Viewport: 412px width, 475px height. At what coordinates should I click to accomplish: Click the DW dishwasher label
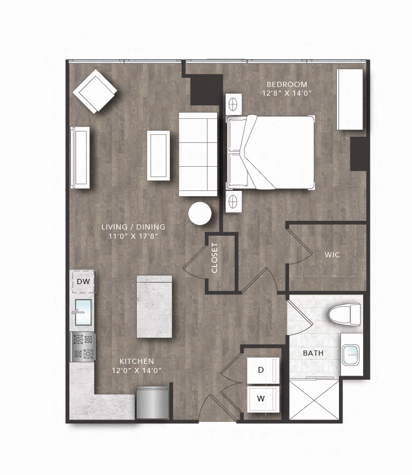click(x=83, y=282)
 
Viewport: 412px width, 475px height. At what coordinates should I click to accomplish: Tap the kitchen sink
click(x=83, y=312)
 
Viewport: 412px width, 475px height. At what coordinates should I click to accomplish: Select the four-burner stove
click(x=83, y=346)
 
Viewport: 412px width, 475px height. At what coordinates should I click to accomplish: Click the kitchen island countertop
click(x=154, y=306)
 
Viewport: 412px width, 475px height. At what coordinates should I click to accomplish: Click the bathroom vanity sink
click(x=352, y=355)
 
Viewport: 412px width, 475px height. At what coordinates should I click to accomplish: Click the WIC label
click(x=332, y=255)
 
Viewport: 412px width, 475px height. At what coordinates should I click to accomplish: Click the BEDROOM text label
click(x=286, y=84)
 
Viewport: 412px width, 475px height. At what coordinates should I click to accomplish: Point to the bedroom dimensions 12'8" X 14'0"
click(x=286, y=93)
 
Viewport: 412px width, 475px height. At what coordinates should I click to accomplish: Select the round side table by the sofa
click(x=200, y=214)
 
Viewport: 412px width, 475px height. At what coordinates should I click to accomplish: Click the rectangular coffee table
click(x=158, y=155)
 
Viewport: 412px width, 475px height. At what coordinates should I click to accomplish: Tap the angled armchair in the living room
click(x=95, y=92)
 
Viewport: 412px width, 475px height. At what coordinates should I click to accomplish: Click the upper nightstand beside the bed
click(x=233, y=103)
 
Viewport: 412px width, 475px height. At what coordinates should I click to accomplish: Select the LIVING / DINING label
click(x=133, y=227)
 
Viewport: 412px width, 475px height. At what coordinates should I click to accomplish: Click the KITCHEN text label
click(x=136, y=361)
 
